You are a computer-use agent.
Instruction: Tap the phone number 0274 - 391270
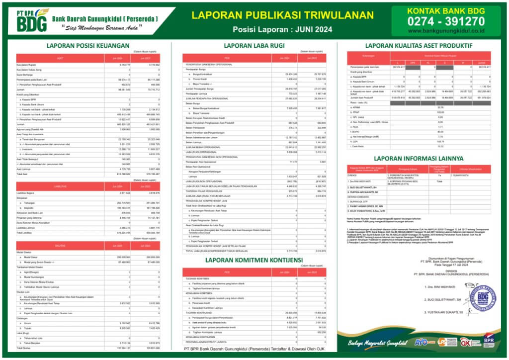(x=445, y=21)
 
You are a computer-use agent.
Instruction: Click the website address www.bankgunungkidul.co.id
(x=445, y=31)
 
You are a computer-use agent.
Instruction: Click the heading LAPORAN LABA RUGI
(x=254, y=45)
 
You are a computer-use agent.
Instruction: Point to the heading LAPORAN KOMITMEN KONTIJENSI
(x=254, y=260)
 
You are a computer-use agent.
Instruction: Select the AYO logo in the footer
(x=421, y=342)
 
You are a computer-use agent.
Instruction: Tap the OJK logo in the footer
(x=466, y=342)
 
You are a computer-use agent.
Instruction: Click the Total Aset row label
(x=22, y=174)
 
